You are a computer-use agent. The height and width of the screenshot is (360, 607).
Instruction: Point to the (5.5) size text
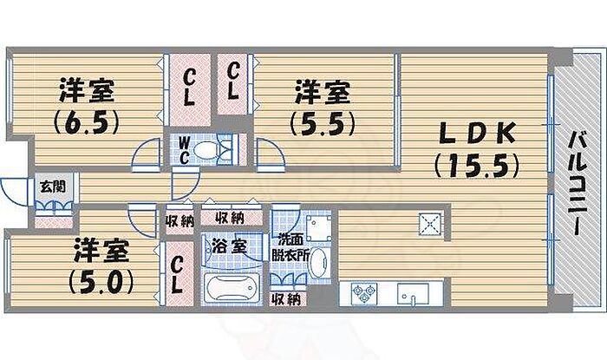click(323, 121)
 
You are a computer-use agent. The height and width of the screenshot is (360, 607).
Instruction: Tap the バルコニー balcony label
click(576, 186)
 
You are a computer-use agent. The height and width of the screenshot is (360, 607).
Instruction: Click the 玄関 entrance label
click(48, 186)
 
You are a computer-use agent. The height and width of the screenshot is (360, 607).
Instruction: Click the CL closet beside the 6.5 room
click(190, 85)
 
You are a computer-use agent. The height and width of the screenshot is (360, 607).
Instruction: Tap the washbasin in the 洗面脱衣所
click(317, 261)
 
